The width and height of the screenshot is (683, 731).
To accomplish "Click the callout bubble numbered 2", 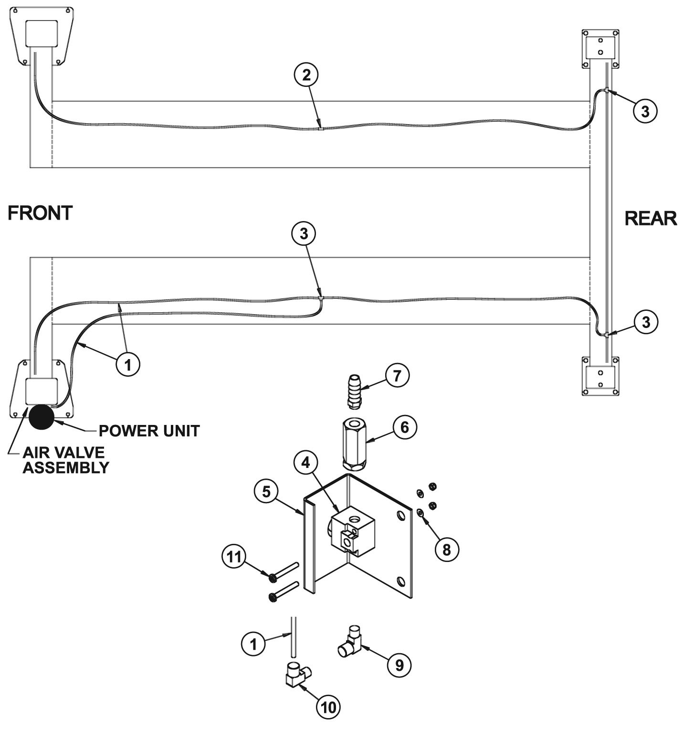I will tap(306, 75).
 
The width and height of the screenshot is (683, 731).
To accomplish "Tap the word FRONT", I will tap(40, 213).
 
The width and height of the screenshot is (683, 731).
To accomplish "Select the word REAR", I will tap(651, 218).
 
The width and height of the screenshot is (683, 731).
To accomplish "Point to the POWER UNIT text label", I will tap(148, 431).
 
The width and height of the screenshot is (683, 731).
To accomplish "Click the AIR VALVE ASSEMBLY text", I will tap(66, 460).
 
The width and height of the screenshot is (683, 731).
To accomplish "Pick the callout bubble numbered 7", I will tap(397, 375).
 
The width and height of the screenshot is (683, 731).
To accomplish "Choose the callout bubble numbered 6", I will tap(404, 427).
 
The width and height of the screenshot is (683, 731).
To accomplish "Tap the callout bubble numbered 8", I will tap(446, 550).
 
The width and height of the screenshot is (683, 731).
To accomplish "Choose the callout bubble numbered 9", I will tap(399, 664).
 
